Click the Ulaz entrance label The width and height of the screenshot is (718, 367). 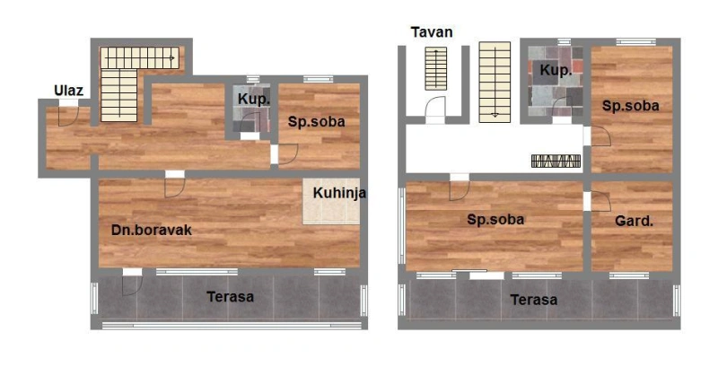click(69, 90)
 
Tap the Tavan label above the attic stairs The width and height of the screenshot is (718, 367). click(432, 32)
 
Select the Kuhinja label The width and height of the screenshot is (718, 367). click(339, 193)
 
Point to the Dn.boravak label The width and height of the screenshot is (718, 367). click(152, 230)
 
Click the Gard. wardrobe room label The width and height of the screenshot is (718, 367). click(634, 222)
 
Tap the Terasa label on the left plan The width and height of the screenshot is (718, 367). click(231, 296)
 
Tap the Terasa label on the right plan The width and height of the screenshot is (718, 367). click(534, 300)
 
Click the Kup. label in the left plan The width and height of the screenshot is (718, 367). click(254, 99)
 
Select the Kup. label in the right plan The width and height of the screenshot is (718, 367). click(556, 70)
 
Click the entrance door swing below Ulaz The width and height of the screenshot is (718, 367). click(68, 116)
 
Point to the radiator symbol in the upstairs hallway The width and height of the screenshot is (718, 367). click(556, 162)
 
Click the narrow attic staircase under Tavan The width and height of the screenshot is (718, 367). click(435, 68)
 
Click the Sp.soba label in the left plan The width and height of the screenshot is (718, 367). click(317, 122)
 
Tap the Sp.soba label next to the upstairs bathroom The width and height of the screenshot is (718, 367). click(631, 106)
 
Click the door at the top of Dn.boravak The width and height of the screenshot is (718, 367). click(175, 188)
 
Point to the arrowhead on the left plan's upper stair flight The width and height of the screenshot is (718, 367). click(172, 58)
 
